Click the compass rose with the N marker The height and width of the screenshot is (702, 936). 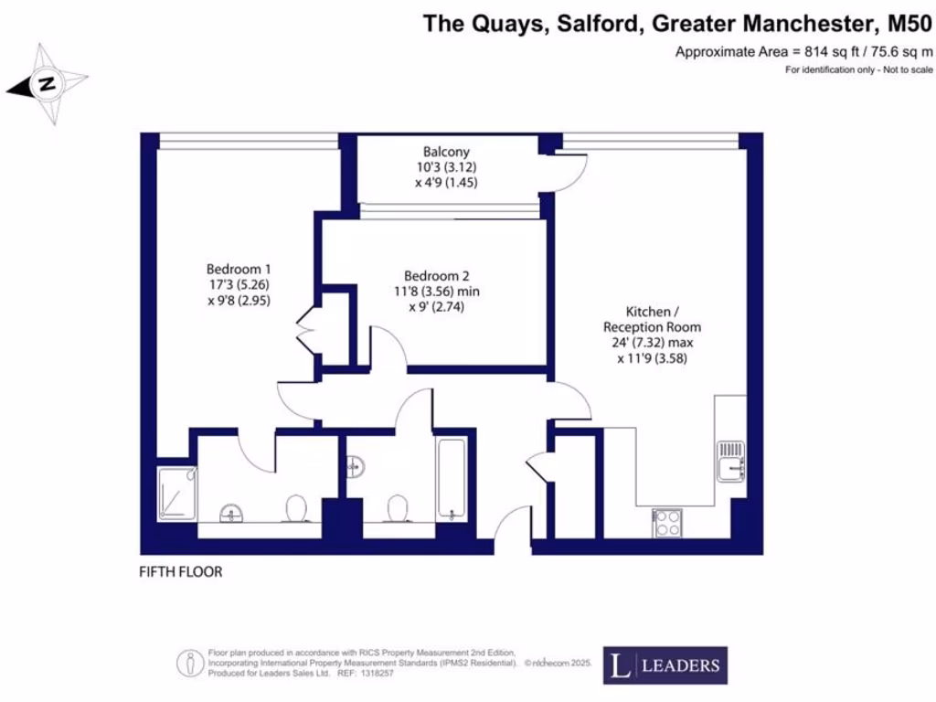[47, 84]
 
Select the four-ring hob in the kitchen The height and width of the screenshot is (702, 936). [667, 523]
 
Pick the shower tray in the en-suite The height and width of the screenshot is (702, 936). [176, 494]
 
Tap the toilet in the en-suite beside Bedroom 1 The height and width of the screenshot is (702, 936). [296, 508]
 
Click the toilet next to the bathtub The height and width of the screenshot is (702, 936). [398, 507]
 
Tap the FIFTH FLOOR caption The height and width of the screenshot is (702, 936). [180, 572]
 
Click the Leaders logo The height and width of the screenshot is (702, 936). [665, 665]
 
